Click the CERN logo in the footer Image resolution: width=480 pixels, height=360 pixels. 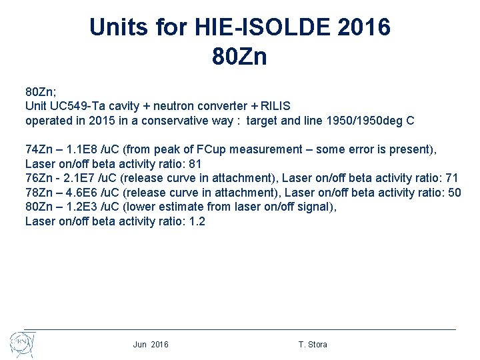click(x=22, y=344)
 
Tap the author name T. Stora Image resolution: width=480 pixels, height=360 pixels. click(x=313, y=345)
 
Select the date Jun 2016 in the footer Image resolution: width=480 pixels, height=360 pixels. click(x=151, y=345)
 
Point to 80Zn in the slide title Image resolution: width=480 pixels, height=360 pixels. click(x=239, y=57)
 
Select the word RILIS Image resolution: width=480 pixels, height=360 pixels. click(x=275, y=106)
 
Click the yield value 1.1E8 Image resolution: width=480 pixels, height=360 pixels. click(x=82, y=149)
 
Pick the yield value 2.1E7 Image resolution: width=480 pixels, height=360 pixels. click(x=81, y=178)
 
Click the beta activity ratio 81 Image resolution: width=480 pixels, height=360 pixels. click(x=195, y=164)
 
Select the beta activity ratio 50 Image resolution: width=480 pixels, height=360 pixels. click(x=455, y=193)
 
